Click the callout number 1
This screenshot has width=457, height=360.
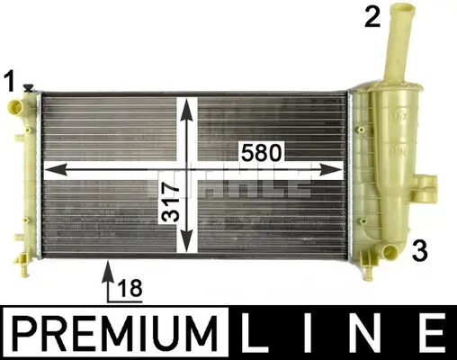(x=10, y=81)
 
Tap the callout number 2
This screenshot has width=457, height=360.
(x=372, y=16)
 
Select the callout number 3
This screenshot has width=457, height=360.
(x=419, y=250)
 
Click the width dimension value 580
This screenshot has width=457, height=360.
(x=262, y=152)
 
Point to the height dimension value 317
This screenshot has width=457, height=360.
(x=170, y=202)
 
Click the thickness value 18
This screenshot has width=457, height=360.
(x=130, y=287)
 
